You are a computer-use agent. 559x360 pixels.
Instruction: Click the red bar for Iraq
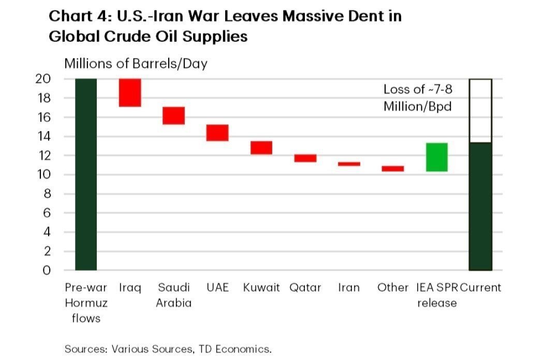(x=130, y=93)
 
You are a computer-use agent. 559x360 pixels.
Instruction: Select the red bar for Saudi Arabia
(x=174, y=115)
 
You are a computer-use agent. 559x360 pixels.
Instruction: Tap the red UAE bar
(x=217, y=132)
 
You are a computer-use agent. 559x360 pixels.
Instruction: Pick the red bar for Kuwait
(x=261, y=147)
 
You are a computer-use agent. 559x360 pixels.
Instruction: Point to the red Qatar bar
(x=305, y=158)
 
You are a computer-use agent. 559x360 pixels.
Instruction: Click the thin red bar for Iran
(x=349, y=164)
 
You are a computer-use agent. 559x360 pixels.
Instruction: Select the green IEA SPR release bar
(x=437, y=157)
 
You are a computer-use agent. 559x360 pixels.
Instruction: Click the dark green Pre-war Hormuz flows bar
(x=86, y=174)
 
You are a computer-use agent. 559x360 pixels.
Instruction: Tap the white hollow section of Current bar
(x=480, y=111)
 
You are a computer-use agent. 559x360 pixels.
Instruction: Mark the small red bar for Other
(x=393, y=169)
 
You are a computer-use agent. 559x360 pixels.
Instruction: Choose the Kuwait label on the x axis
(x=261, y=288)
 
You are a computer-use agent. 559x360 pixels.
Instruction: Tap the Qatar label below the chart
(x=305, y=288)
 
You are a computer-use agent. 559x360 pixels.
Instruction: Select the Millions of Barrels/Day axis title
(x=136, y=64)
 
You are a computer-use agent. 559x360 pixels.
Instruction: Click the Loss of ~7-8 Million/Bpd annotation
(x=418, y=98)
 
